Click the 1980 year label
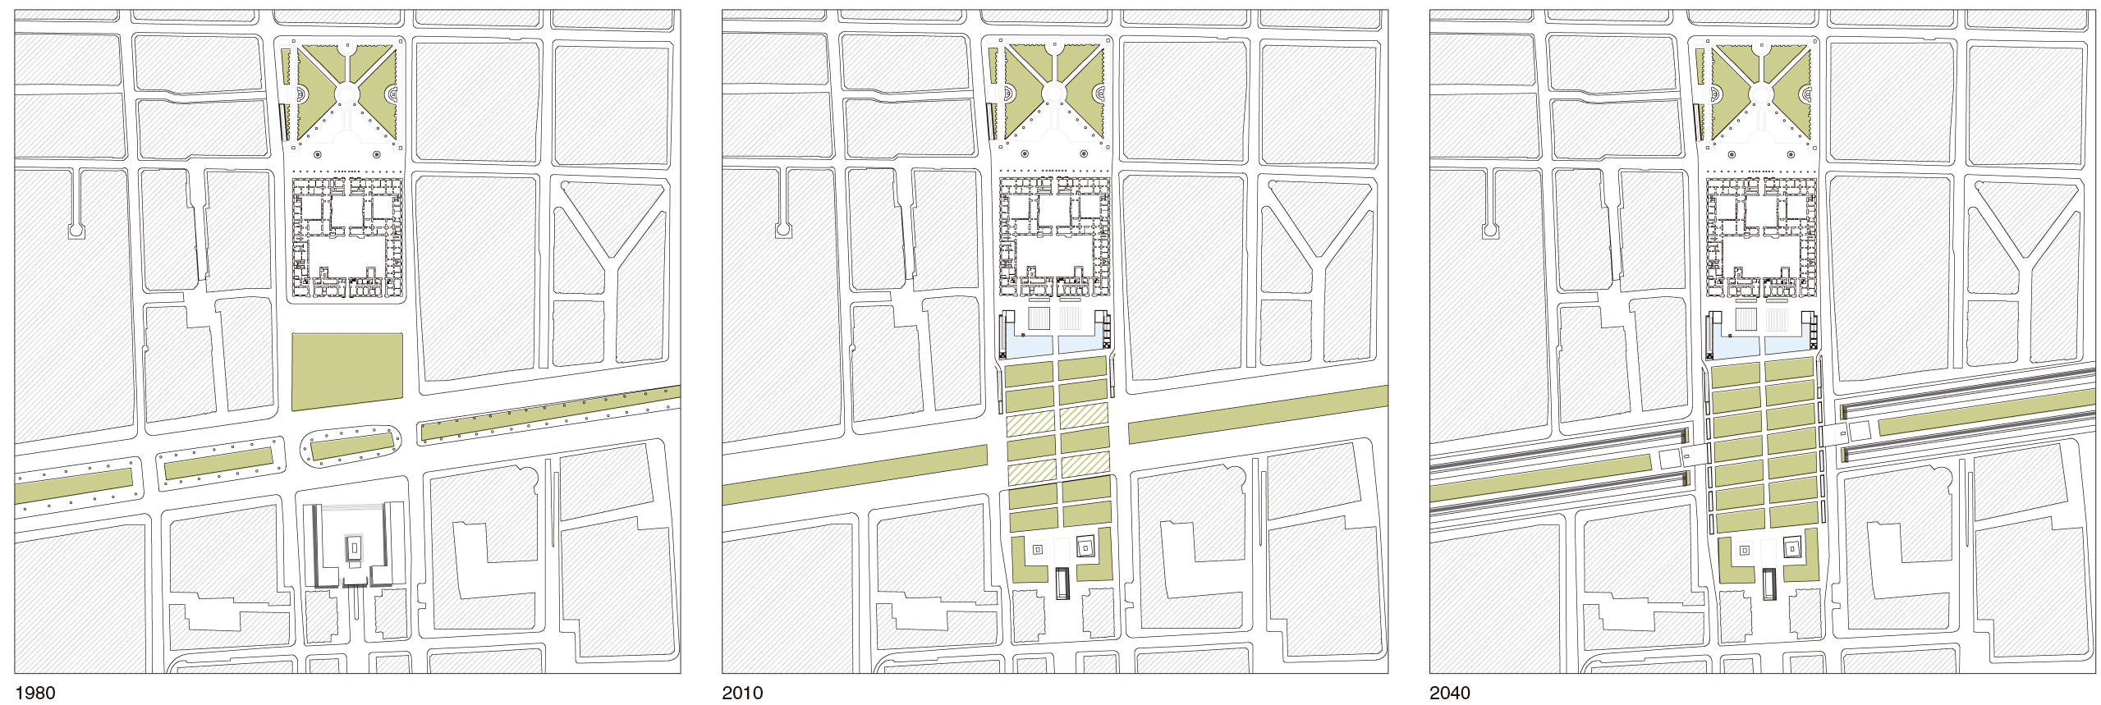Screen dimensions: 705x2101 click(x=34, y=693)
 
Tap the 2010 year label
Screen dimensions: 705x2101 click(x=742, y=693)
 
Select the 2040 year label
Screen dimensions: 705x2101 click(x=1450, y=693)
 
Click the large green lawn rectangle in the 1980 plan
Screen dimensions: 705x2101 click(x=347, y=371)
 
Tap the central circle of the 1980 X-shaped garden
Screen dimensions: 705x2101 click(x=346, y=94)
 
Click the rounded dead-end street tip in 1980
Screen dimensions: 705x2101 click(x=76, y=231)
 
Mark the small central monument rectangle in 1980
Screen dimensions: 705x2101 click(x=355, y=547)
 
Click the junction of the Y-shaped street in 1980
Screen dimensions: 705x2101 click(x=612, y=261)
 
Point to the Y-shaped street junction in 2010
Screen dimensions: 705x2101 click(x=1319, y=261)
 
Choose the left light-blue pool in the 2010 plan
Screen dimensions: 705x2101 click(x=1029, y=346)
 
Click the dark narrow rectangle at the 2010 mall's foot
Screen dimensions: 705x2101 click(x=1062, y=583)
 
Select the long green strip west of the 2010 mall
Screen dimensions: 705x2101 click(x=854, y=475)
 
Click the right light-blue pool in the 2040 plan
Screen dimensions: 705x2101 click(x=1788, y=346)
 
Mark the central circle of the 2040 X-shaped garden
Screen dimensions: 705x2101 click(x=1762, y=94)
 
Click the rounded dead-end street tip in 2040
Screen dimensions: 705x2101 click(x=1490, y=231)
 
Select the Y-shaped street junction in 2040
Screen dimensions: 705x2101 click(x=2027, y=261)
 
